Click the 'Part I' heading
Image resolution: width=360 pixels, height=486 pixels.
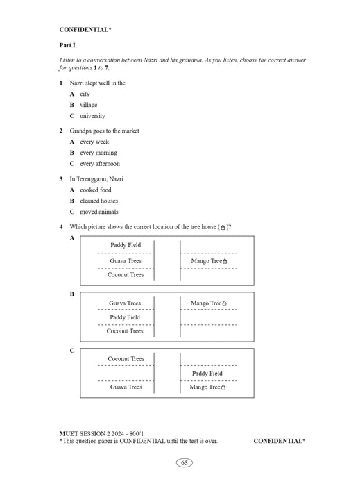coord(67,45)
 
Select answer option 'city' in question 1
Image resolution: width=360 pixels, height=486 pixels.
coord(85,94)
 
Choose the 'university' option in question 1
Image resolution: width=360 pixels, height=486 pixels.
coord(92,116)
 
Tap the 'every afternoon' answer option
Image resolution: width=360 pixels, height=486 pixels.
coord(100,164)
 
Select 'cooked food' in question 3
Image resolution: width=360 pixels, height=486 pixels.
coord(95,190)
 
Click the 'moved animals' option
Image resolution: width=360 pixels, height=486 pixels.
coord(99,212)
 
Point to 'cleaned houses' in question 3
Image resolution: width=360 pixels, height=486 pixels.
coord(99,201)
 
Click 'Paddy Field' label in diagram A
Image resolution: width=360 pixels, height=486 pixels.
coord(126,245)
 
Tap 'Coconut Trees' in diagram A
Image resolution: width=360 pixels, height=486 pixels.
coord(126,275)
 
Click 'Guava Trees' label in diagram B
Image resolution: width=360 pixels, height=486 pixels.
coord(125,303)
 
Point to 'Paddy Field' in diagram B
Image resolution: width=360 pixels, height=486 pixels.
coord(125,317)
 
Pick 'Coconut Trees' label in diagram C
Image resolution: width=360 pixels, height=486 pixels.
coord(126,359)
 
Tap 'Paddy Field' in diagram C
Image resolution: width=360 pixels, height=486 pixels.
coord(207,374)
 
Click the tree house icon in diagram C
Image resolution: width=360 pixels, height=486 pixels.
coord(225,387)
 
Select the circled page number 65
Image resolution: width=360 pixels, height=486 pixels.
coord(184,463)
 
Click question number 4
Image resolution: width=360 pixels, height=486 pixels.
coord(61,227)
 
